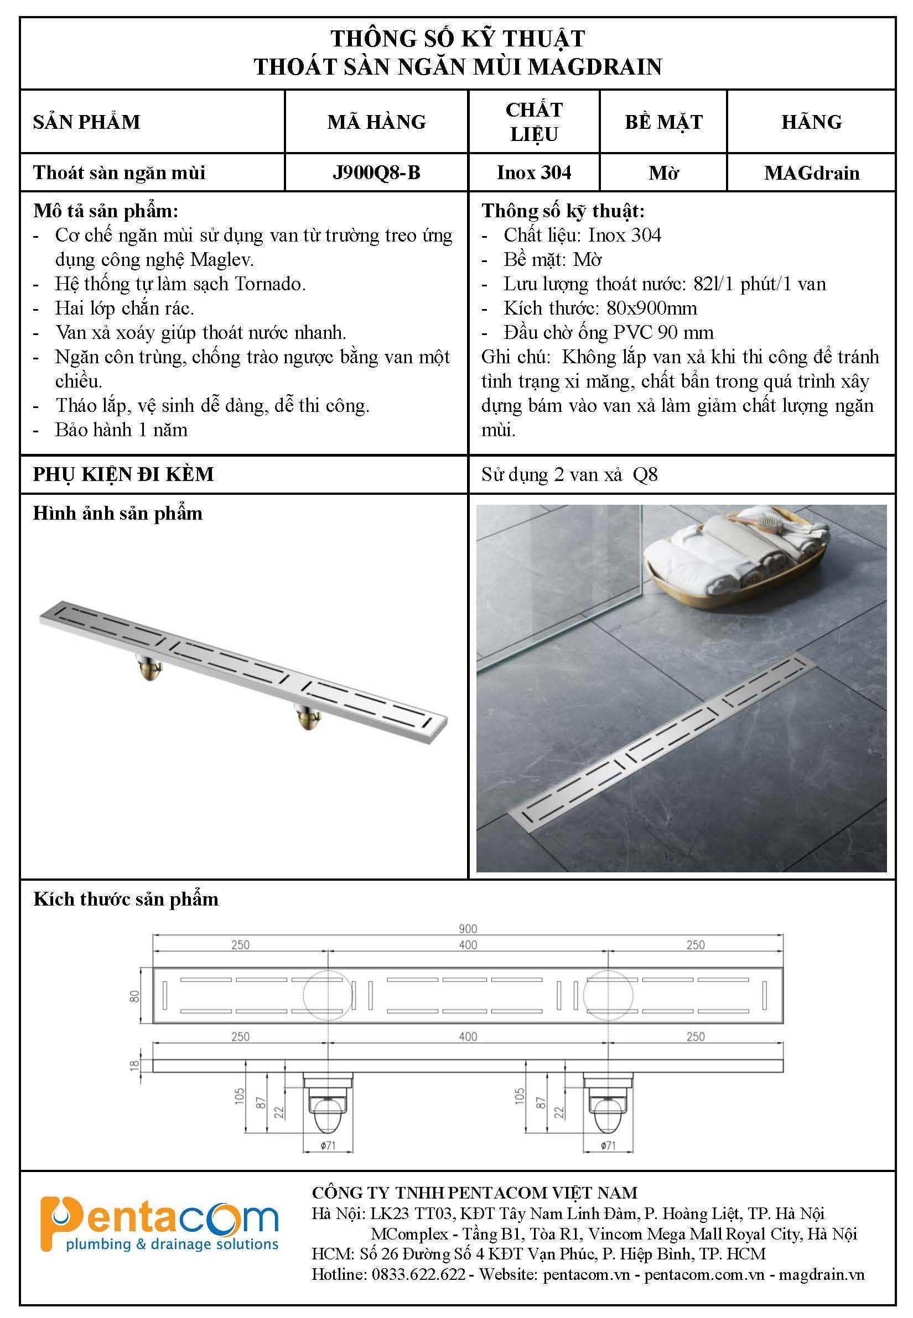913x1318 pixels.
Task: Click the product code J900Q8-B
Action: tap(376, 172)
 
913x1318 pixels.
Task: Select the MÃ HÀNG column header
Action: tap(376, 122)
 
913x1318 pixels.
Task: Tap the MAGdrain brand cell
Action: tap(811, 172)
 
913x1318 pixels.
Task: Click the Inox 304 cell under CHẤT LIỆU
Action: tap(533, 172)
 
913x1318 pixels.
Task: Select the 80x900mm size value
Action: tap(652, 308)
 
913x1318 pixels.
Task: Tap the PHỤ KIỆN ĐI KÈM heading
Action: tap(123, 474)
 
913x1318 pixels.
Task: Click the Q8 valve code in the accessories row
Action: tap(645, 474)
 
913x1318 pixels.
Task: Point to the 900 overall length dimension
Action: tap(468, 929)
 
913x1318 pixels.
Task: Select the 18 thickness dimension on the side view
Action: tap(135, 1065)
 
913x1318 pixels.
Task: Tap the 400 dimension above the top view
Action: tap(468, 945)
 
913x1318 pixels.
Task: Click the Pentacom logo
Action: tap(159, 1226)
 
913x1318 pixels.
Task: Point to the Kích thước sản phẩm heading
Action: tap(126, 899)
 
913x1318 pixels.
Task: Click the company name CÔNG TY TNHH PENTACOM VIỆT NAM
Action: tap(474, 1193)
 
